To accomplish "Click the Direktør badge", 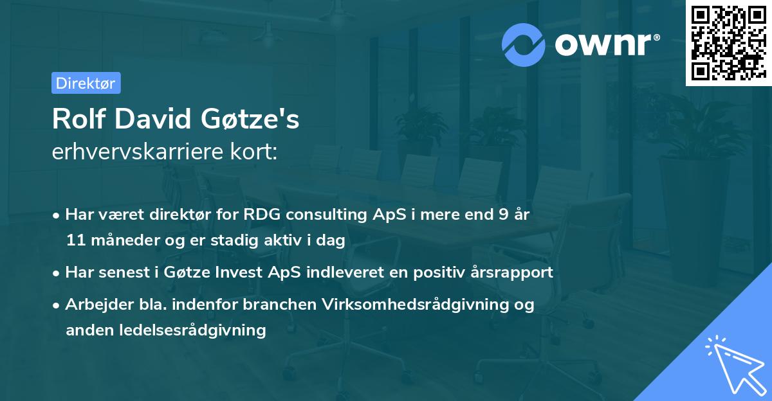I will tap(86, 83).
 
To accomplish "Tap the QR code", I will tap(728, 43).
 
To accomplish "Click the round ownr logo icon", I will tap(524, 44).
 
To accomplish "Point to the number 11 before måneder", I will tap(75, 241).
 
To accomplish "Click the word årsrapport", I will tap(513, 272).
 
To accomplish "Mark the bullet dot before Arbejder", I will tap(57, 305).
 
